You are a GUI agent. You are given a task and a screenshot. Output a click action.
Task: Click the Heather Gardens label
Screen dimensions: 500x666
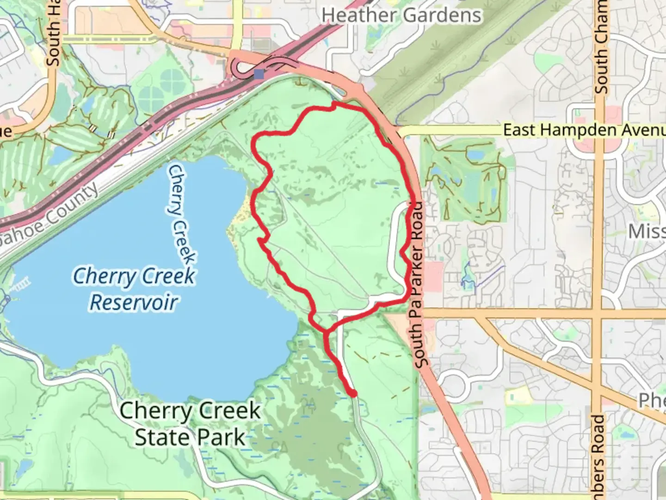click(401, 15)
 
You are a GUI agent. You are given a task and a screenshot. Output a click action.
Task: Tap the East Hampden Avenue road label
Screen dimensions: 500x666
click(584, 130)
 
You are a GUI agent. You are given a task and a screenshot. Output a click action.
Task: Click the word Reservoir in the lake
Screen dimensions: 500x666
click(134, 302)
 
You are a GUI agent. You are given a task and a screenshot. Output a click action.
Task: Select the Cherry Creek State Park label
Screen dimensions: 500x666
click(190, 424)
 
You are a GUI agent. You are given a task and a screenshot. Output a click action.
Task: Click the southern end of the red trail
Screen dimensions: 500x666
click(354, 394)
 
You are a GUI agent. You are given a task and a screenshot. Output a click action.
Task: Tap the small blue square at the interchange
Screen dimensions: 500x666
click(259, 74)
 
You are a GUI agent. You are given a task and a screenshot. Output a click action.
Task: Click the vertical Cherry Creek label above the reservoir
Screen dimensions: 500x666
click(181, 215)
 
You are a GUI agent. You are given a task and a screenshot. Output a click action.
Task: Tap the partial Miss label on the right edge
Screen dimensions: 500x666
click(647, 231)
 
